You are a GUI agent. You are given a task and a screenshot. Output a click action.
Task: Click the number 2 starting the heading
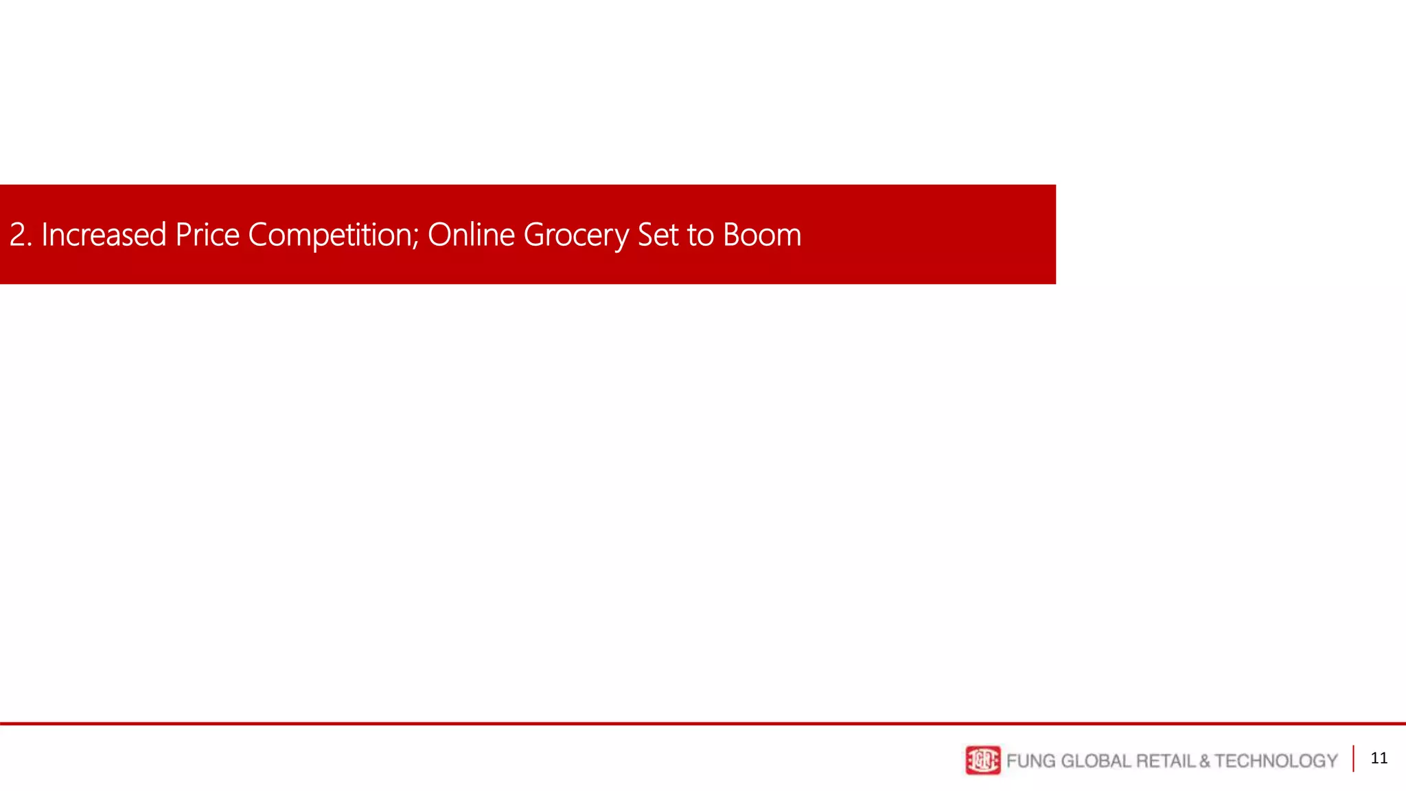click(18, 235)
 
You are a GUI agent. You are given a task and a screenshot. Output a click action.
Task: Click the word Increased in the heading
click(104, 235)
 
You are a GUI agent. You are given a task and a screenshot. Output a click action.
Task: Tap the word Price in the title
click(207, 235)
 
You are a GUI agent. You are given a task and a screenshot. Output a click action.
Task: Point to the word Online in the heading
click(471, 235)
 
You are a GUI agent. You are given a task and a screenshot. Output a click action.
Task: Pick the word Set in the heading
click(658, 235)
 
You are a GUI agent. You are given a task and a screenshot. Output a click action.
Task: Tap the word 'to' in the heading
click(701, 235)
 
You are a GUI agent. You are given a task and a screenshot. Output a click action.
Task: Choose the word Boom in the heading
click(762, 235)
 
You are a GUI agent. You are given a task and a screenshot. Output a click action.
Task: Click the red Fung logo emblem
click(983, 760)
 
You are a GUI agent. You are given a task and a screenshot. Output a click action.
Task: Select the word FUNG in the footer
click(1030, 761)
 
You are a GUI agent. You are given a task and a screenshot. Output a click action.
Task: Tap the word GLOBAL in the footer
click(1096, 761)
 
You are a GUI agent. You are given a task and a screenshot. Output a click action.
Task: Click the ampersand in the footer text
click(1205, 761)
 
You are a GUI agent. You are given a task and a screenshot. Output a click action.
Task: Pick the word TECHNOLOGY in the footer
click(1276, 761)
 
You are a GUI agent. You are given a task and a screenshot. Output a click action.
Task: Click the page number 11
click(1379, 758)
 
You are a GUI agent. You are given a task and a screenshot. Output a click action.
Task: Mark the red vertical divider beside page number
click(1354, 759)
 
